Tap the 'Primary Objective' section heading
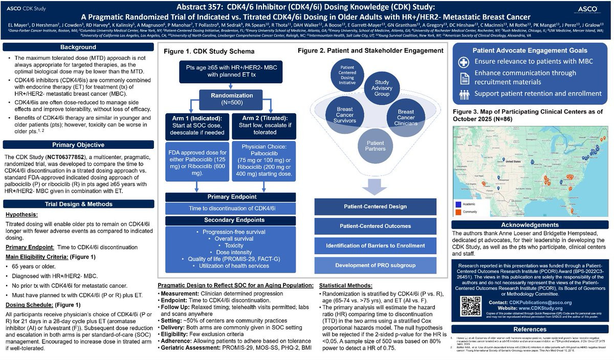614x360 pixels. tap(78, 145)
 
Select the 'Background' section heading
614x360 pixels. tap(78, 47)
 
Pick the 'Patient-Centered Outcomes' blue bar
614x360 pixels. tap(375, 226)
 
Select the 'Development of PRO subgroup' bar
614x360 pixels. tap(375, 265)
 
